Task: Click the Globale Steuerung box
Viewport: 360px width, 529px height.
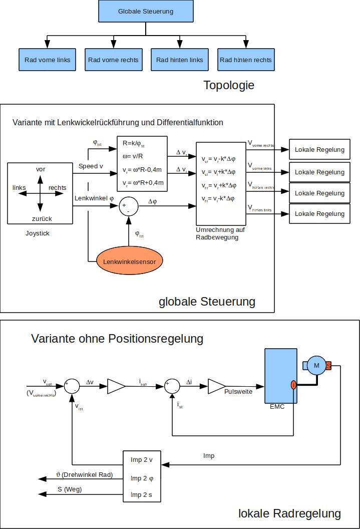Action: [146, 11]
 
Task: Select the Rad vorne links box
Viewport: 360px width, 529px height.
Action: [47, 60]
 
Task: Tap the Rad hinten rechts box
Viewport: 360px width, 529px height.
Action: [245, 60]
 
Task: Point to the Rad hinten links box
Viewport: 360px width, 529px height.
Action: [179, 60]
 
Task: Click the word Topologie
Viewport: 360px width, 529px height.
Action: [229, 85]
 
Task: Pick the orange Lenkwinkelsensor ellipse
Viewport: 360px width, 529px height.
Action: [129, 261]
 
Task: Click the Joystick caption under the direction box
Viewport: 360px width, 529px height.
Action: [38, 233]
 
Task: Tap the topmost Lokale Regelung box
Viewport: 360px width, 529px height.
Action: [319, 150]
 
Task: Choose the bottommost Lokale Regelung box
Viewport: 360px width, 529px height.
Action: [319, 214]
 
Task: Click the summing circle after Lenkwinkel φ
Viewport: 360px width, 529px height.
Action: [128, 206]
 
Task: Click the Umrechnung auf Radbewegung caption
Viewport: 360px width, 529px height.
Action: [217, 234]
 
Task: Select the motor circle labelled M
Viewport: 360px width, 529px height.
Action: [316, 366]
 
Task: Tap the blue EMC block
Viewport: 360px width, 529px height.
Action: [280, 376]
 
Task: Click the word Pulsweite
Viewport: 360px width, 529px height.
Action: [238, 392]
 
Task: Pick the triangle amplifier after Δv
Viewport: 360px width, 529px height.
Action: [116, 386]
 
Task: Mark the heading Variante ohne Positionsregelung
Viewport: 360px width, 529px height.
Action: [117, 339]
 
